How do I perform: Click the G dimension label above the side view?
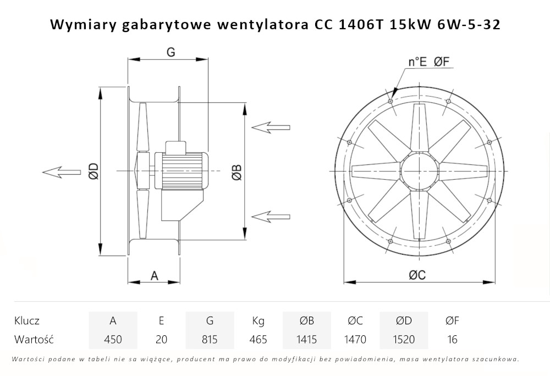click(170, 52)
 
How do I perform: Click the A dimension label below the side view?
click(155, 275)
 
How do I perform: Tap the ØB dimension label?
click(235, 172)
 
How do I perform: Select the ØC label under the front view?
click(417, 276)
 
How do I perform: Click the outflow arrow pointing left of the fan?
click(61, 172)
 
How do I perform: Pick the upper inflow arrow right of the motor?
click(270, 128)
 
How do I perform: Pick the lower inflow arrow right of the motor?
click(270, 215)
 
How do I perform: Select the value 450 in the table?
click(113, 339)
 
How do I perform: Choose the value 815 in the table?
click(209, 339)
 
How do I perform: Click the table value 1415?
click(306, 339)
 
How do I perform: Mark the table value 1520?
click(403, 339)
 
